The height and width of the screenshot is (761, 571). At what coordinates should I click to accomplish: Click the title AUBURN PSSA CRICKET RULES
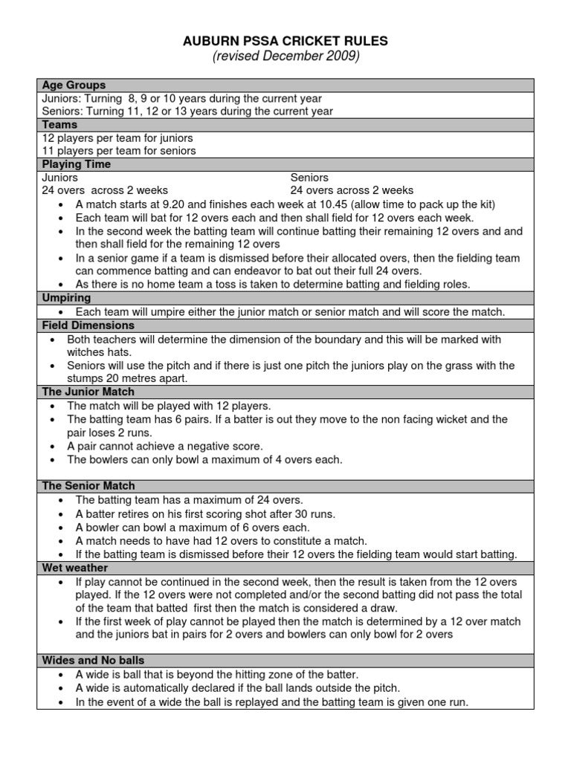(x=285, y=41)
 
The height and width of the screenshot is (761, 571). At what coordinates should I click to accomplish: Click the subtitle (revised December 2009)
(x=285, y=57)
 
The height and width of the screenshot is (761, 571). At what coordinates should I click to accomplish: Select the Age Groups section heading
(x=74, y=85)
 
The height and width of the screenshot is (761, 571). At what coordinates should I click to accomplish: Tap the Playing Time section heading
(x=76, y=164)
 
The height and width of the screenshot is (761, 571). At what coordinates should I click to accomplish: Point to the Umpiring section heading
(x=66, y=298)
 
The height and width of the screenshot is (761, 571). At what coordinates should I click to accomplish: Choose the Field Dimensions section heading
(x=88, y=326)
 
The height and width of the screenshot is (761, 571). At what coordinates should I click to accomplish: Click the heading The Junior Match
(x=88, y=392)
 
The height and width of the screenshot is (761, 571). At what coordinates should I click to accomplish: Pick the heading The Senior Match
(x=88, y=486)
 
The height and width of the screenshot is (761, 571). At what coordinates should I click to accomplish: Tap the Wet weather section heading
(x=75, y=568)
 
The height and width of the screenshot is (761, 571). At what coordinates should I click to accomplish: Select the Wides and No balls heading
(x=93, y=660)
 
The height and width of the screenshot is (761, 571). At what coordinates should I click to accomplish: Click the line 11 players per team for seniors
(x=119, y=151)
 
